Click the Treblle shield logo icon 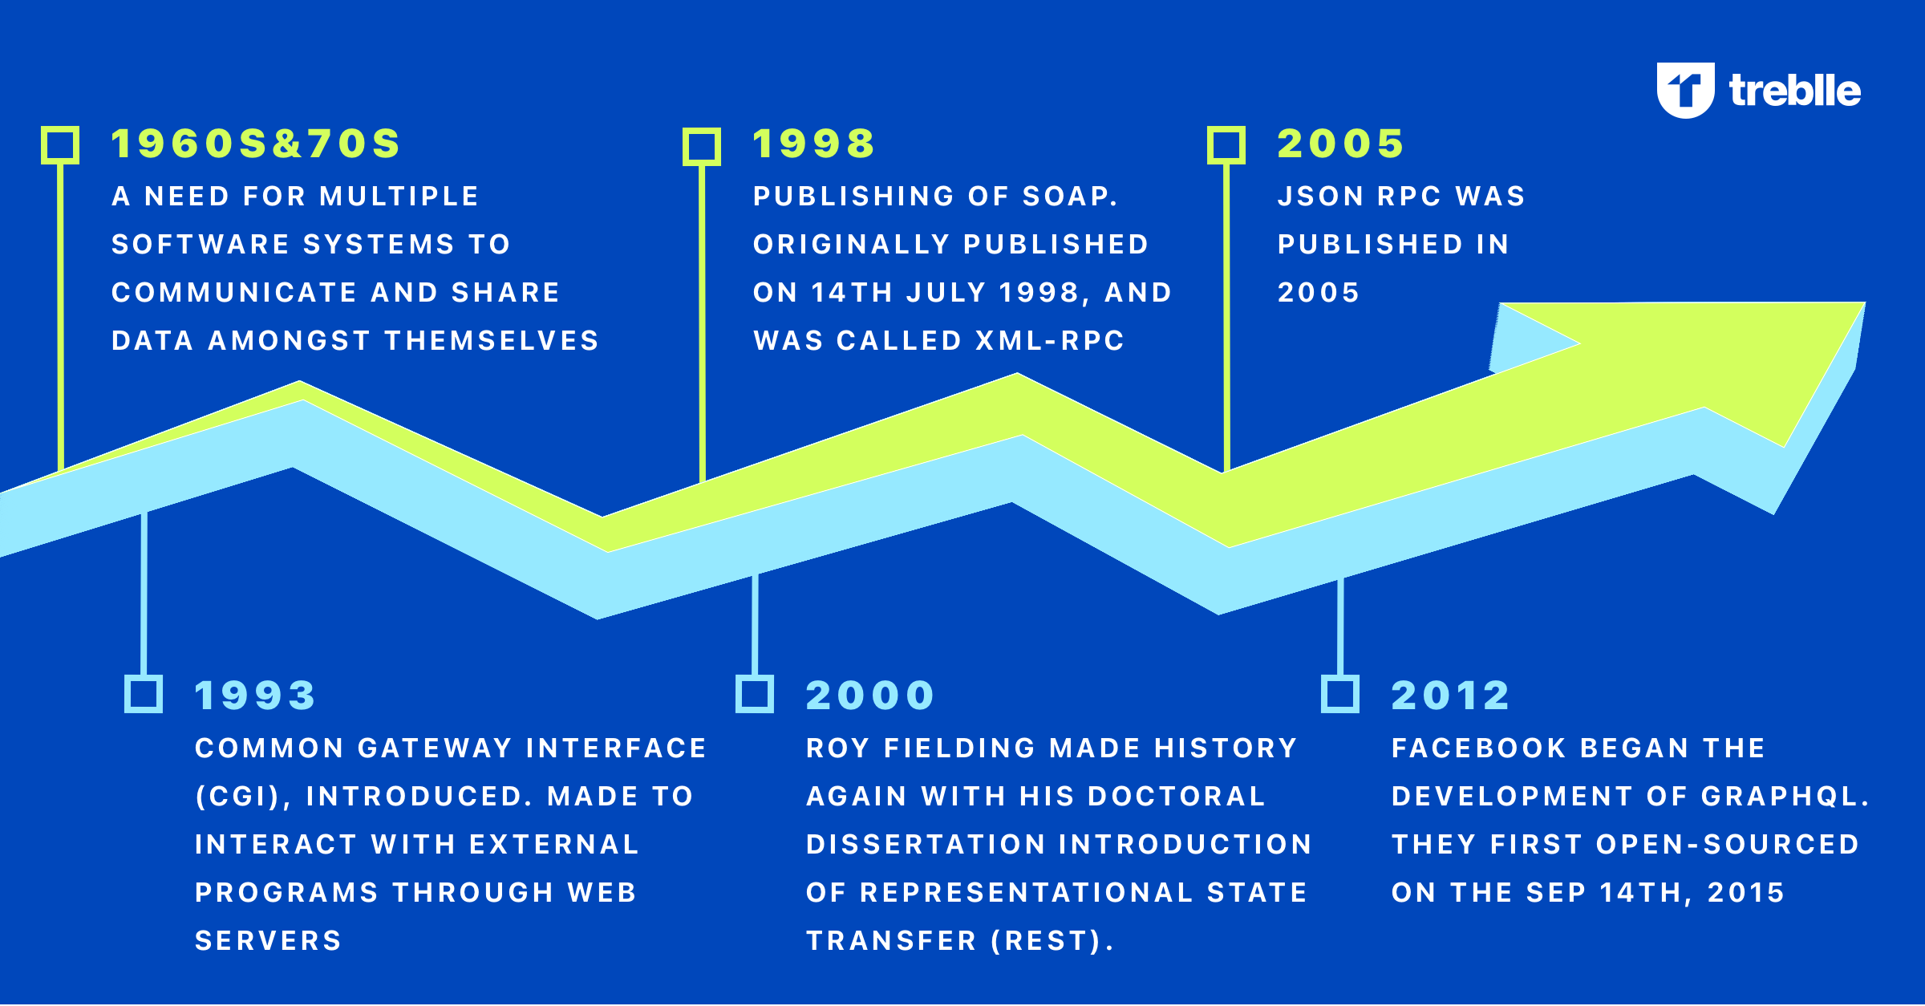[1685, 90]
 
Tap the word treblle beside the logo [1795, 91]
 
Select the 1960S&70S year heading [255, 144]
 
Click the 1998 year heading [813, 144]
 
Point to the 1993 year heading [255, 696]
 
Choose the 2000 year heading [870, 696]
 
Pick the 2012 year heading [1450, 696]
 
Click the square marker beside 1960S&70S [60, 145]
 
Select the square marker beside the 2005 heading [1226, 145]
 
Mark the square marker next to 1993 [144, 694]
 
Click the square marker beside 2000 [755, 694]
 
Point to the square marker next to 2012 [1340, 694]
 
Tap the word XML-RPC [1051, 341]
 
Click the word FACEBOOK [1479, 748]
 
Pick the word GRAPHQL [1780, 797]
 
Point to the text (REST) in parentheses [1045, 941]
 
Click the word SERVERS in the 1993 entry [269, 941]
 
